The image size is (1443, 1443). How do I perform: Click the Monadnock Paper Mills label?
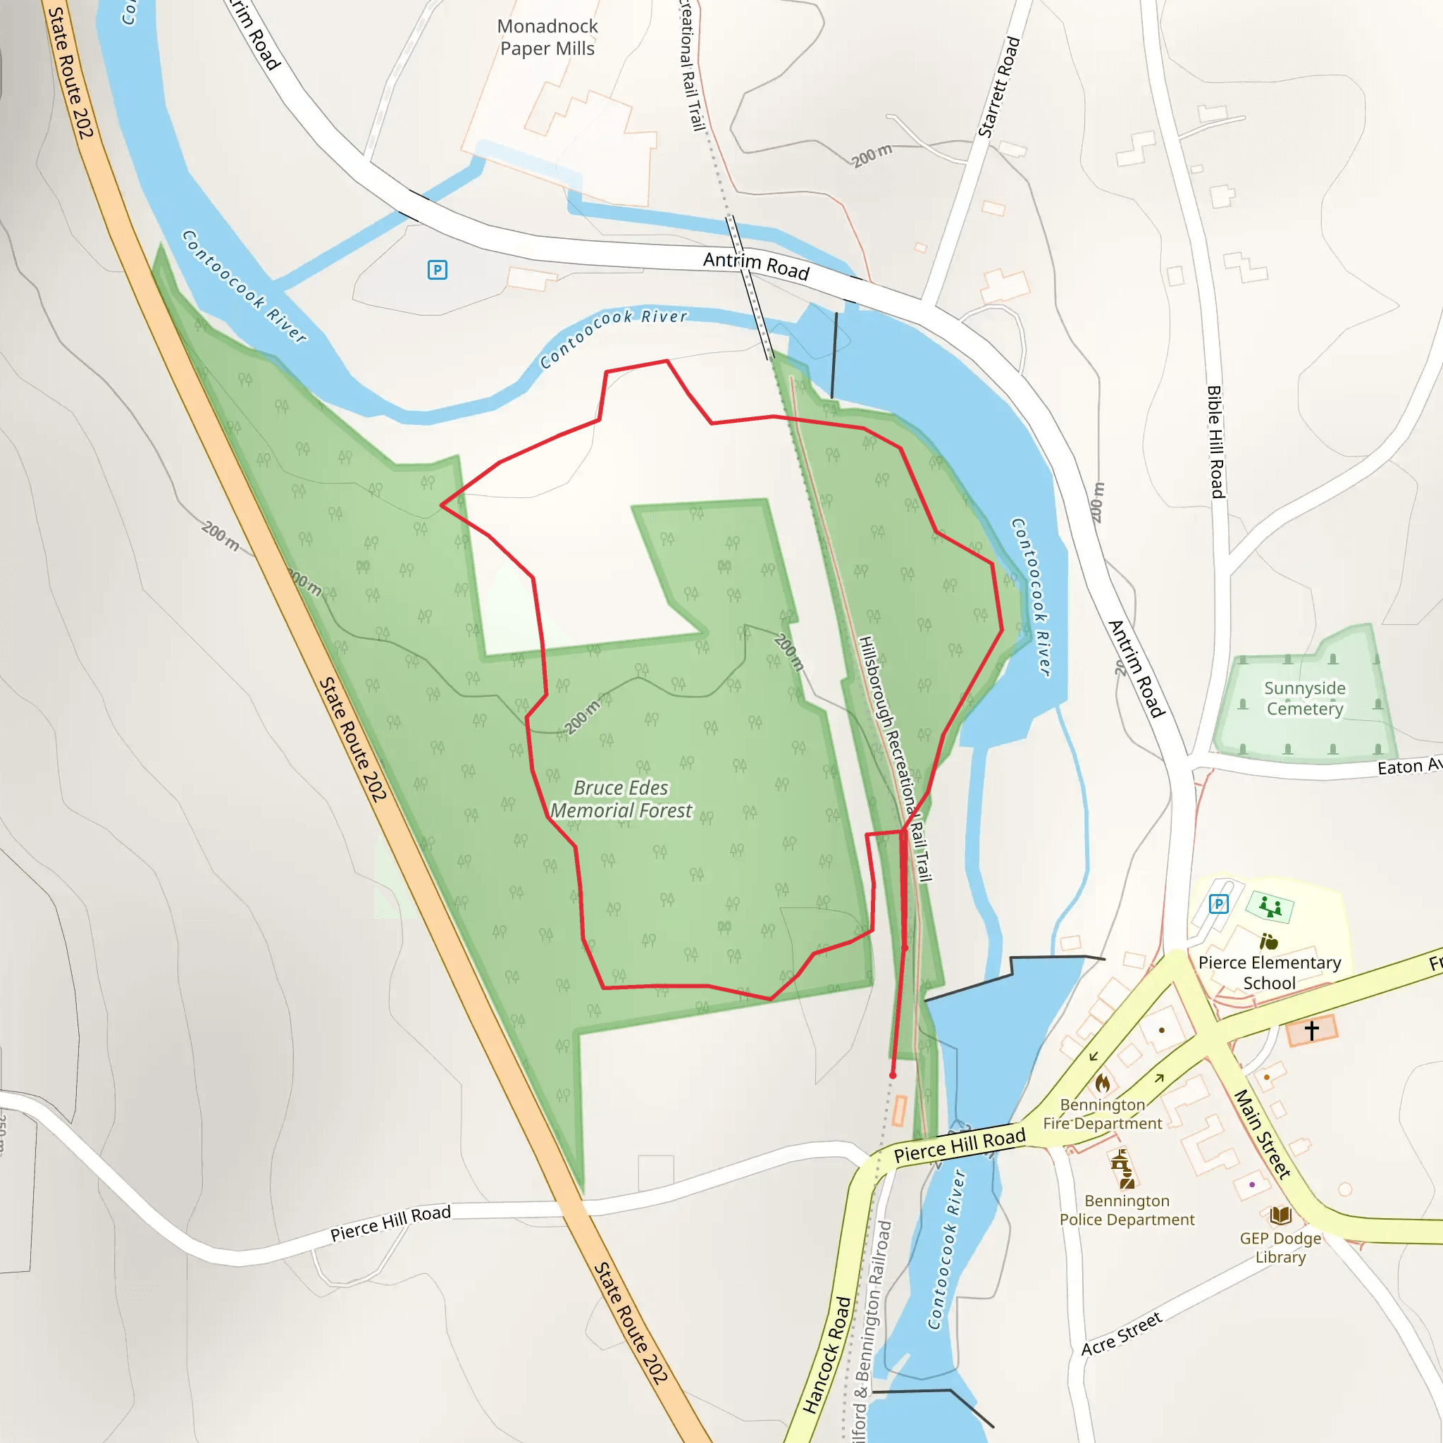coord(547,37)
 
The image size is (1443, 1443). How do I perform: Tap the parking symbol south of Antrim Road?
coord(437,270)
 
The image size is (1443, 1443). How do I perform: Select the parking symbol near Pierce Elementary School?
coord(1218,904)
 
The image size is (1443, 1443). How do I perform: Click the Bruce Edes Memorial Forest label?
coord(621,798)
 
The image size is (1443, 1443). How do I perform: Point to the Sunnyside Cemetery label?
coord(1304,698)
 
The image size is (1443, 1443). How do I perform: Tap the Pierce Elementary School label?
coord(1269,972)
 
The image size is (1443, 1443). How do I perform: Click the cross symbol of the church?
coord(1311,1031)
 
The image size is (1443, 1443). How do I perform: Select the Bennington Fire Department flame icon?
coord(1103,1082)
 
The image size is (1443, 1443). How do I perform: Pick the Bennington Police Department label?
coord(1127,1210)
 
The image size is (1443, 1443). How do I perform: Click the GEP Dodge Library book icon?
coord(1280,1215)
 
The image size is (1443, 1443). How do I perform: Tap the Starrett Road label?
coord(998,87)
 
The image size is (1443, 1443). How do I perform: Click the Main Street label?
coord(1261,1134)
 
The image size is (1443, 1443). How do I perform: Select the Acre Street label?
coord(1121,1333)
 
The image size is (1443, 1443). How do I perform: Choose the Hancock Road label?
coord(826,1355)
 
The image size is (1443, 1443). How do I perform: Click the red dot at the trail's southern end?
coord(893,1074)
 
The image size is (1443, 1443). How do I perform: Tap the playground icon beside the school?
coord(1270,907)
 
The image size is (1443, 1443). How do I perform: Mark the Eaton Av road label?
coord(1408,766)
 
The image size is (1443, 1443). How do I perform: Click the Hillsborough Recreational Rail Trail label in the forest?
coord(895,758)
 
